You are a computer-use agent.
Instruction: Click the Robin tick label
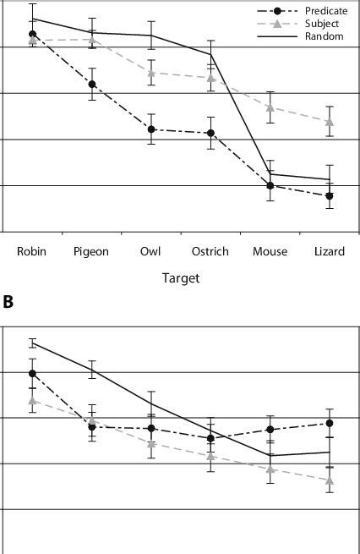pyautogui.click(x=31, y=251)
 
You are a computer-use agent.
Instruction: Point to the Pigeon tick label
pyautogui.click(x=91, y=251)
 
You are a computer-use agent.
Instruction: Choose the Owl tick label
pyautogui.click(x=150, y=251)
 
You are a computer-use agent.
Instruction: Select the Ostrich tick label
pyautogui.click(x=210, y=251)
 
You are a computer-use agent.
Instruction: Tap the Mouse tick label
pyautogui.click(x=270, y=251)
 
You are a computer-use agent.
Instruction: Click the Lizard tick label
pyautogui.click(x=330, y=251)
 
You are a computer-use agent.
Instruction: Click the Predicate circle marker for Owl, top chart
pyautogui.click(x=151, y=129)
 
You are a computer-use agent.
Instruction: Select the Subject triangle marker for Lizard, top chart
pyautogui.click(x=330, y=122)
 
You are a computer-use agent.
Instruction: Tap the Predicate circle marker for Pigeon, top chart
pyautogui.click(x=91, y=85)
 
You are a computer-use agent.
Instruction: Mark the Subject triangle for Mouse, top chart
pyautogui.click(x=270, y=107)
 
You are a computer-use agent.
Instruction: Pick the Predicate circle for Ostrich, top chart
pyautogui.click(x=210, y=134)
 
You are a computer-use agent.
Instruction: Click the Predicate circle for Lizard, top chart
pyautogui.click(x=330, y=196)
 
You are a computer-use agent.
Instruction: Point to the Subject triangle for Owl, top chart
pyautogui.click(x=151, y=74)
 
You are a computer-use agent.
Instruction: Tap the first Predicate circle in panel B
pyautogui.click(x=32, y=373)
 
